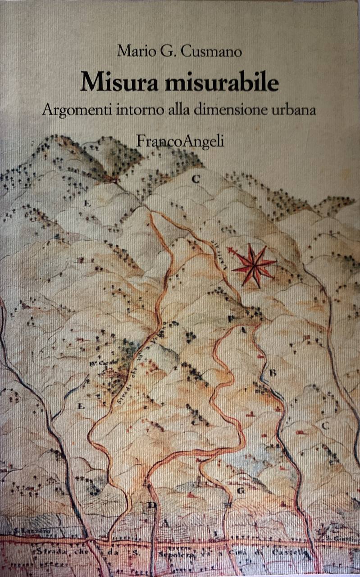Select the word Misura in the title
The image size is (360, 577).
point(116,82)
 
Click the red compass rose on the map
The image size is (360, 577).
point(254,265)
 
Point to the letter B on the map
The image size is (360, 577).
point(272,373)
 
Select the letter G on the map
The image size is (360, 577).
point(241,490)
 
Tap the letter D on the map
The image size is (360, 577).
point(153,505)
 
